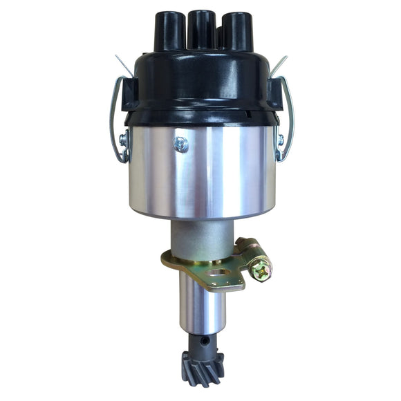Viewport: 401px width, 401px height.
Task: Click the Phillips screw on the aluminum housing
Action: click(180, 144)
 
